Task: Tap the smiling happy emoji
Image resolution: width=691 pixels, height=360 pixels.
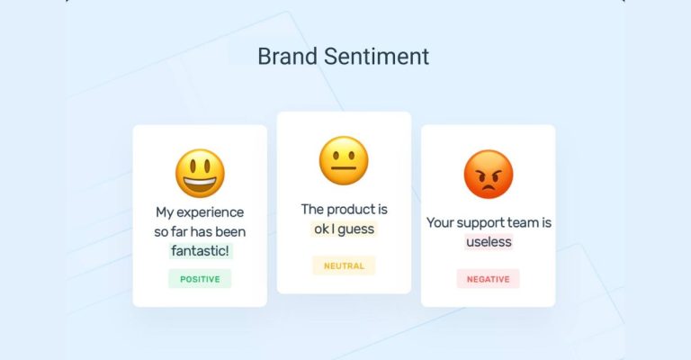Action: (x=200, y=174)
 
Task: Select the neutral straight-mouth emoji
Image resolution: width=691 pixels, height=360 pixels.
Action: (x=344, y=161)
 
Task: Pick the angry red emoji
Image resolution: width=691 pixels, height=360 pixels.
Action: (x=488, y=174)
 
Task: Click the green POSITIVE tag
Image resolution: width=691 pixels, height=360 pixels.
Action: (x=200, y=279)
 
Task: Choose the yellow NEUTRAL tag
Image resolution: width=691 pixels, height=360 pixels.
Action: (x=344, y=265)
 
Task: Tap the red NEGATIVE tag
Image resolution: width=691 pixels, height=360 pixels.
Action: (x=488, y=279)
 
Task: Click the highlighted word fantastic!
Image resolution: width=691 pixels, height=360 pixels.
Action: (x=200, y=250)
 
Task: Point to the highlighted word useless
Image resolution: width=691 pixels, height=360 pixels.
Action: (x=489, y=241)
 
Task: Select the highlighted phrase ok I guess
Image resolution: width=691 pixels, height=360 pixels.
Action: (x=344, y=229)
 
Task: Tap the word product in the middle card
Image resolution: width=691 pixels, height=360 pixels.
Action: (x=352, y=210)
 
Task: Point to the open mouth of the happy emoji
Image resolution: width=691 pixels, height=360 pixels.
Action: (x=200, y=185)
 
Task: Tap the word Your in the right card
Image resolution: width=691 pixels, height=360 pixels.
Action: (x=441, y=222)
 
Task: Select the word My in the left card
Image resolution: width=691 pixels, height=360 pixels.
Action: (x=165, y=213)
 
